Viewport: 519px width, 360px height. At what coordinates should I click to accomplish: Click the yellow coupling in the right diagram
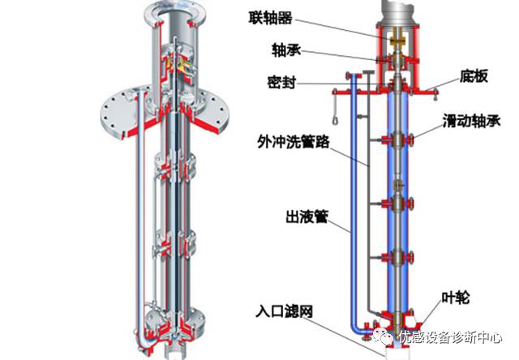pyautogui.click(x=399, y=38)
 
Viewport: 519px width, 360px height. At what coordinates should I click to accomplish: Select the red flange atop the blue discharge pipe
pyautogui.click(x=350, y=77)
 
